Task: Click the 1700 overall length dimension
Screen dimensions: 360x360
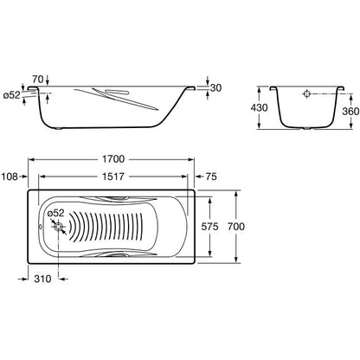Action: click(113, 159)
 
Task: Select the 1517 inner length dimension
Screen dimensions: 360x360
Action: click(113, 177)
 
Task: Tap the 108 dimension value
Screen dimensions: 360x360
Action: click(10, 177)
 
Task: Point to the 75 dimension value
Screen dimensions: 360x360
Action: click(211, 177)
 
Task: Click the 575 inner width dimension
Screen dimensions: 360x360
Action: click(209, 227)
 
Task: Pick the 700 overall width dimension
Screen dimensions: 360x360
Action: click(236, 227)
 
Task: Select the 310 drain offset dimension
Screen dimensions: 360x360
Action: click(42, 279)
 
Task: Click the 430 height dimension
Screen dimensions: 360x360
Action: click(259, 107)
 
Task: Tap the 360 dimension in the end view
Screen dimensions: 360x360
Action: click(350, 111)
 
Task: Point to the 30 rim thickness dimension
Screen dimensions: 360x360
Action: click(215, 87)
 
